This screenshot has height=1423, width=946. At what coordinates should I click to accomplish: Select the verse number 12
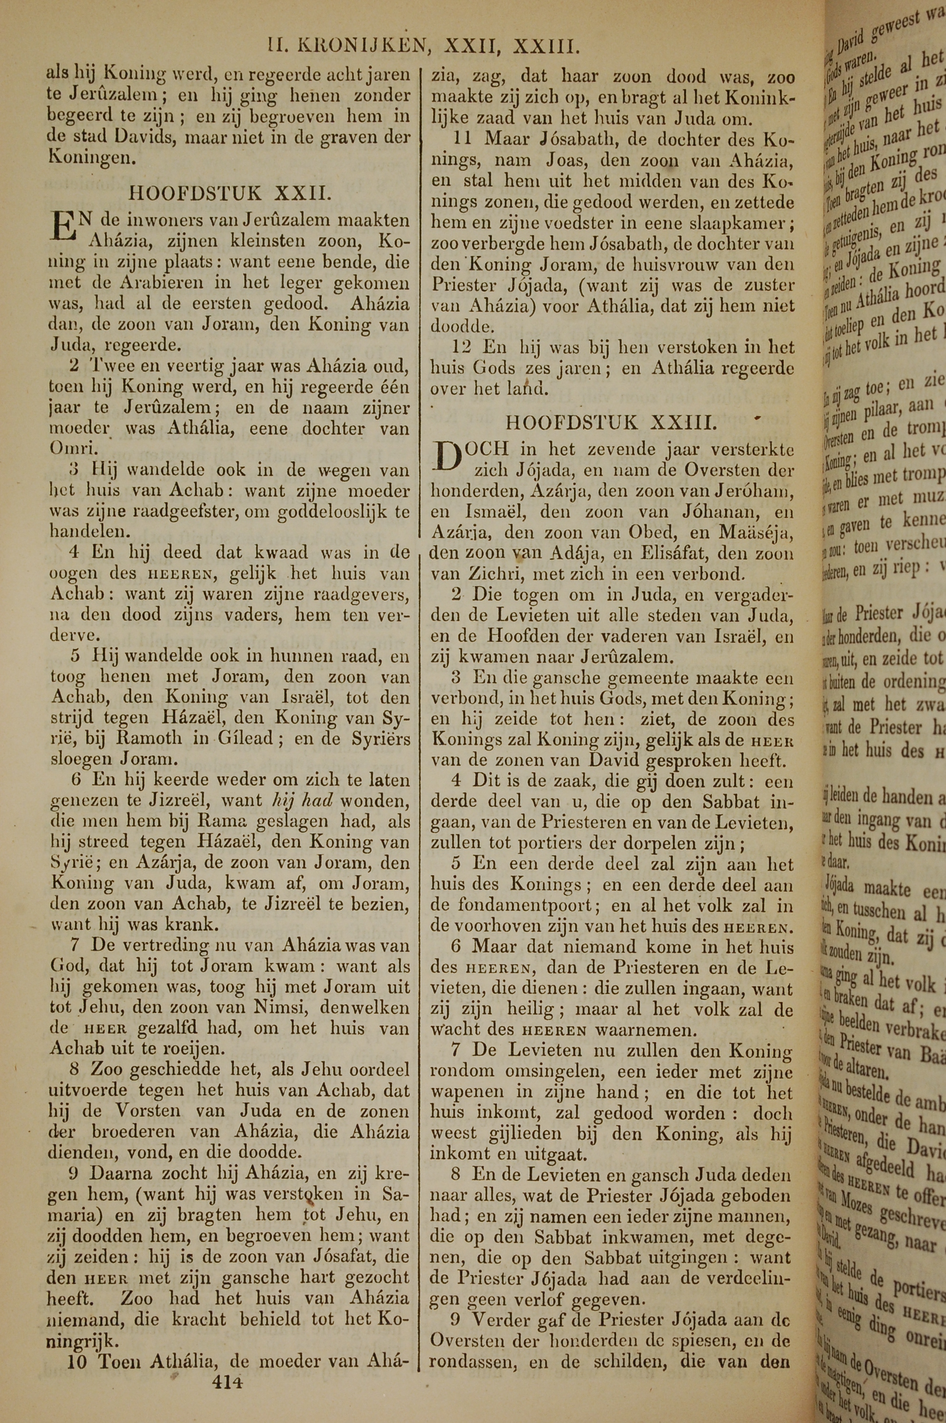462,347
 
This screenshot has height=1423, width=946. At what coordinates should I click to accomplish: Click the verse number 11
462,140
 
